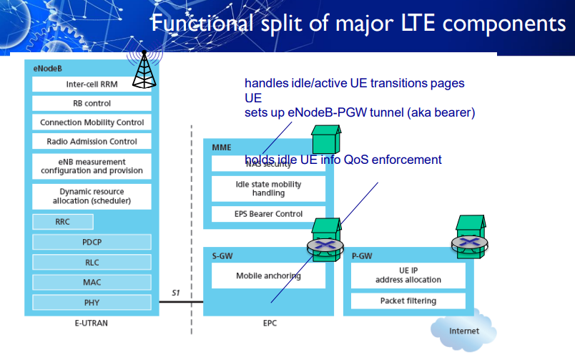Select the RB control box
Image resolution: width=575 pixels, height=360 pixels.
pyautogui.click(x=92, y=103)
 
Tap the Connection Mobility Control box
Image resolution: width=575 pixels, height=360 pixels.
pyautogui.click(x=92, y=122)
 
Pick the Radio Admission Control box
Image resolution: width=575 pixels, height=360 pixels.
pyautogui.click(x=92, y=142)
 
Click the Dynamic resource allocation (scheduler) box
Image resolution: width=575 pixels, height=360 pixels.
pyautogui.click(x=92, y=196)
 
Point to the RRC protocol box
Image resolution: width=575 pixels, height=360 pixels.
pyautogui.click(x=63, y=222)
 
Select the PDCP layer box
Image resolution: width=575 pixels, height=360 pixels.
pyautogui.click(x=92, y=243)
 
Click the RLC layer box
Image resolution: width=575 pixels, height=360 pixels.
pyautogui.click(x=92, y=262)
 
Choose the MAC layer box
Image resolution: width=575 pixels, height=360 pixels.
pyautogui.click(x=92, y=282)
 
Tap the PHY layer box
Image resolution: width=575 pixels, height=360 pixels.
pyautogui.click(x=92, y=302)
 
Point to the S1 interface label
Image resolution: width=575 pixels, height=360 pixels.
pyautogui.click(x=176, y=293)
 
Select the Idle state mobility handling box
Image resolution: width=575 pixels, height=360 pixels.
pyautogui.click(x=269, y=189)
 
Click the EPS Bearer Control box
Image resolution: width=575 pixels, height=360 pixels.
pyautogui.click(x=269, y=214)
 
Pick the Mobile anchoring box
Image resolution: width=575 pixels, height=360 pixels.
pyautogui.click(x=269, y=276)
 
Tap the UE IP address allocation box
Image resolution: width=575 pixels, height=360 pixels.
pyautogui.click(x=408, y=275)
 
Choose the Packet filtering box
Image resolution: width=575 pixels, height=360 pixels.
pyautogui.click(x=408, y=301)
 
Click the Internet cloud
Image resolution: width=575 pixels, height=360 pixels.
pyautogui.click(x=464, y=331)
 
